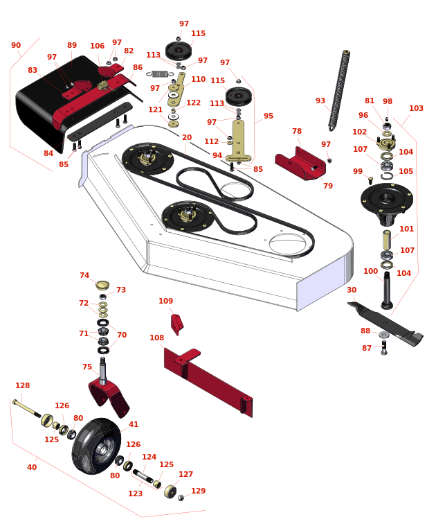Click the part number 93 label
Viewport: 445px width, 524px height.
tap(320, 101)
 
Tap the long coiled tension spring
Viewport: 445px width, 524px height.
tap(339, 90)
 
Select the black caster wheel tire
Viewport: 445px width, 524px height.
tap(96, 446)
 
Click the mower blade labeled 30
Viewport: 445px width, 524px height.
tap(385, 324)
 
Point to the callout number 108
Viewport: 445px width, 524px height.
tap(157, 338)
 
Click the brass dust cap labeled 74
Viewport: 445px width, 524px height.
tap(102, 285)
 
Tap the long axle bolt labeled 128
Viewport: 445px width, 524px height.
tap(27, 408)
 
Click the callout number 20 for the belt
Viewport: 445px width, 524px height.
tap(187, 137)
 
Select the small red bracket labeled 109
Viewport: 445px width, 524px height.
tap(176, 324)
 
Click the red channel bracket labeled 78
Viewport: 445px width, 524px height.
tap(300, 164)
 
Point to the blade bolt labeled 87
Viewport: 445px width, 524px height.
tap(384, 348)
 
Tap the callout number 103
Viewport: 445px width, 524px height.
tap(417, 108)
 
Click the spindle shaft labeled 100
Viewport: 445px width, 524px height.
tap(387, 290)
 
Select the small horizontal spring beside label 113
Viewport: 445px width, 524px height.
tap(160, 73)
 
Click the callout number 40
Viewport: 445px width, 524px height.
tap(32, 467)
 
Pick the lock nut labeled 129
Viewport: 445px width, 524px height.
tap(181, 498)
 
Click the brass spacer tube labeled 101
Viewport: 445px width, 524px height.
tap(387, 239)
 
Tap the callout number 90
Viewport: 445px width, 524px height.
tap(16, 45)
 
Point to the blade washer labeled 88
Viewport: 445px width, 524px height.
tap(384, 335)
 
